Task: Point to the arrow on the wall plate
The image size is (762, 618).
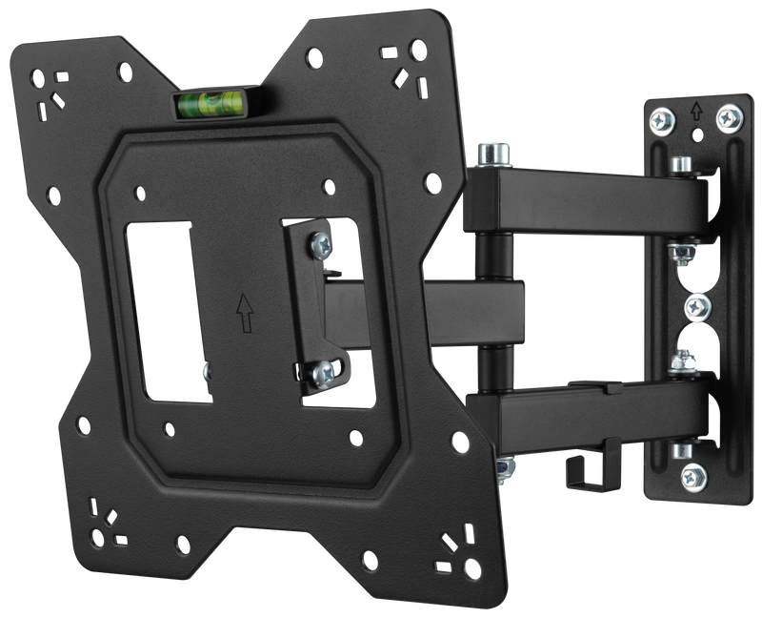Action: (697, 112)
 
